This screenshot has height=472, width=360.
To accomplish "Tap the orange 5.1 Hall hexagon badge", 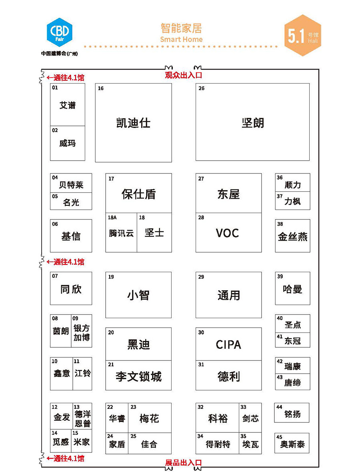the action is point(302,35).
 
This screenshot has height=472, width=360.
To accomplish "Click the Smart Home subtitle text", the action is point(181,39).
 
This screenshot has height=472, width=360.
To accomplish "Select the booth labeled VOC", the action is point(228,232).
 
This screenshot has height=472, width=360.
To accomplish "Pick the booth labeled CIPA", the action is point(228,344).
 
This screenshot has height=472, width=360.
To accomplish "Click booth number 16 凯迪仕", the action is point(134,123).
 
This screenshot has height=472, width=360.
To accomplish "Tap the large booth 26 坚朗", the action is point(252,122).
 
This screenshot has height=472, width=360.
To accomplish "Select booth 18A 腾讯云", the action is point(121,232).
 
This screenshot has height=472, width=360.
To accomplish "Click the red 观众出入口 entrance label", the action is point(183,75).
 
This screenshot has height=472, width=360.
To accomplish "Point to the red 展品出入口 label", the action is point(183,463).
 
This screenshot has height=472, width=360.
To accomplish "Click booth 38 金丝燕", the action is point(292,236).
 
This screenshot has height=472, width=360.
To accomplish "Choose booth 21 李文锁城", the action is point(138,375).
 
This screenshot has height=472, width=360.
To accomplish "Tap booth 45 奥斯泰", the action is point(292,443).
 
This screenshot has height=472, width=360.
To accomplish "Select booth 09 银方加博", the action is point(82,331).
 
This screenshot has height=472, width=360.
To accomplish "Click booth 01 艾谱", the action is point(68,104).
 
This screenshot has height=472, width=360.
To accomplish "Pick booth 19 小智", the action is point(138,295).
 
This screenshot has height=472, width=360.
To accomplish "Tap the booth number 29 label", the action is point(201,277).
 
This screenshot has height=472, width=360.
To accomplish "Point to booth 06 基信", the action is point(71,236).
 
